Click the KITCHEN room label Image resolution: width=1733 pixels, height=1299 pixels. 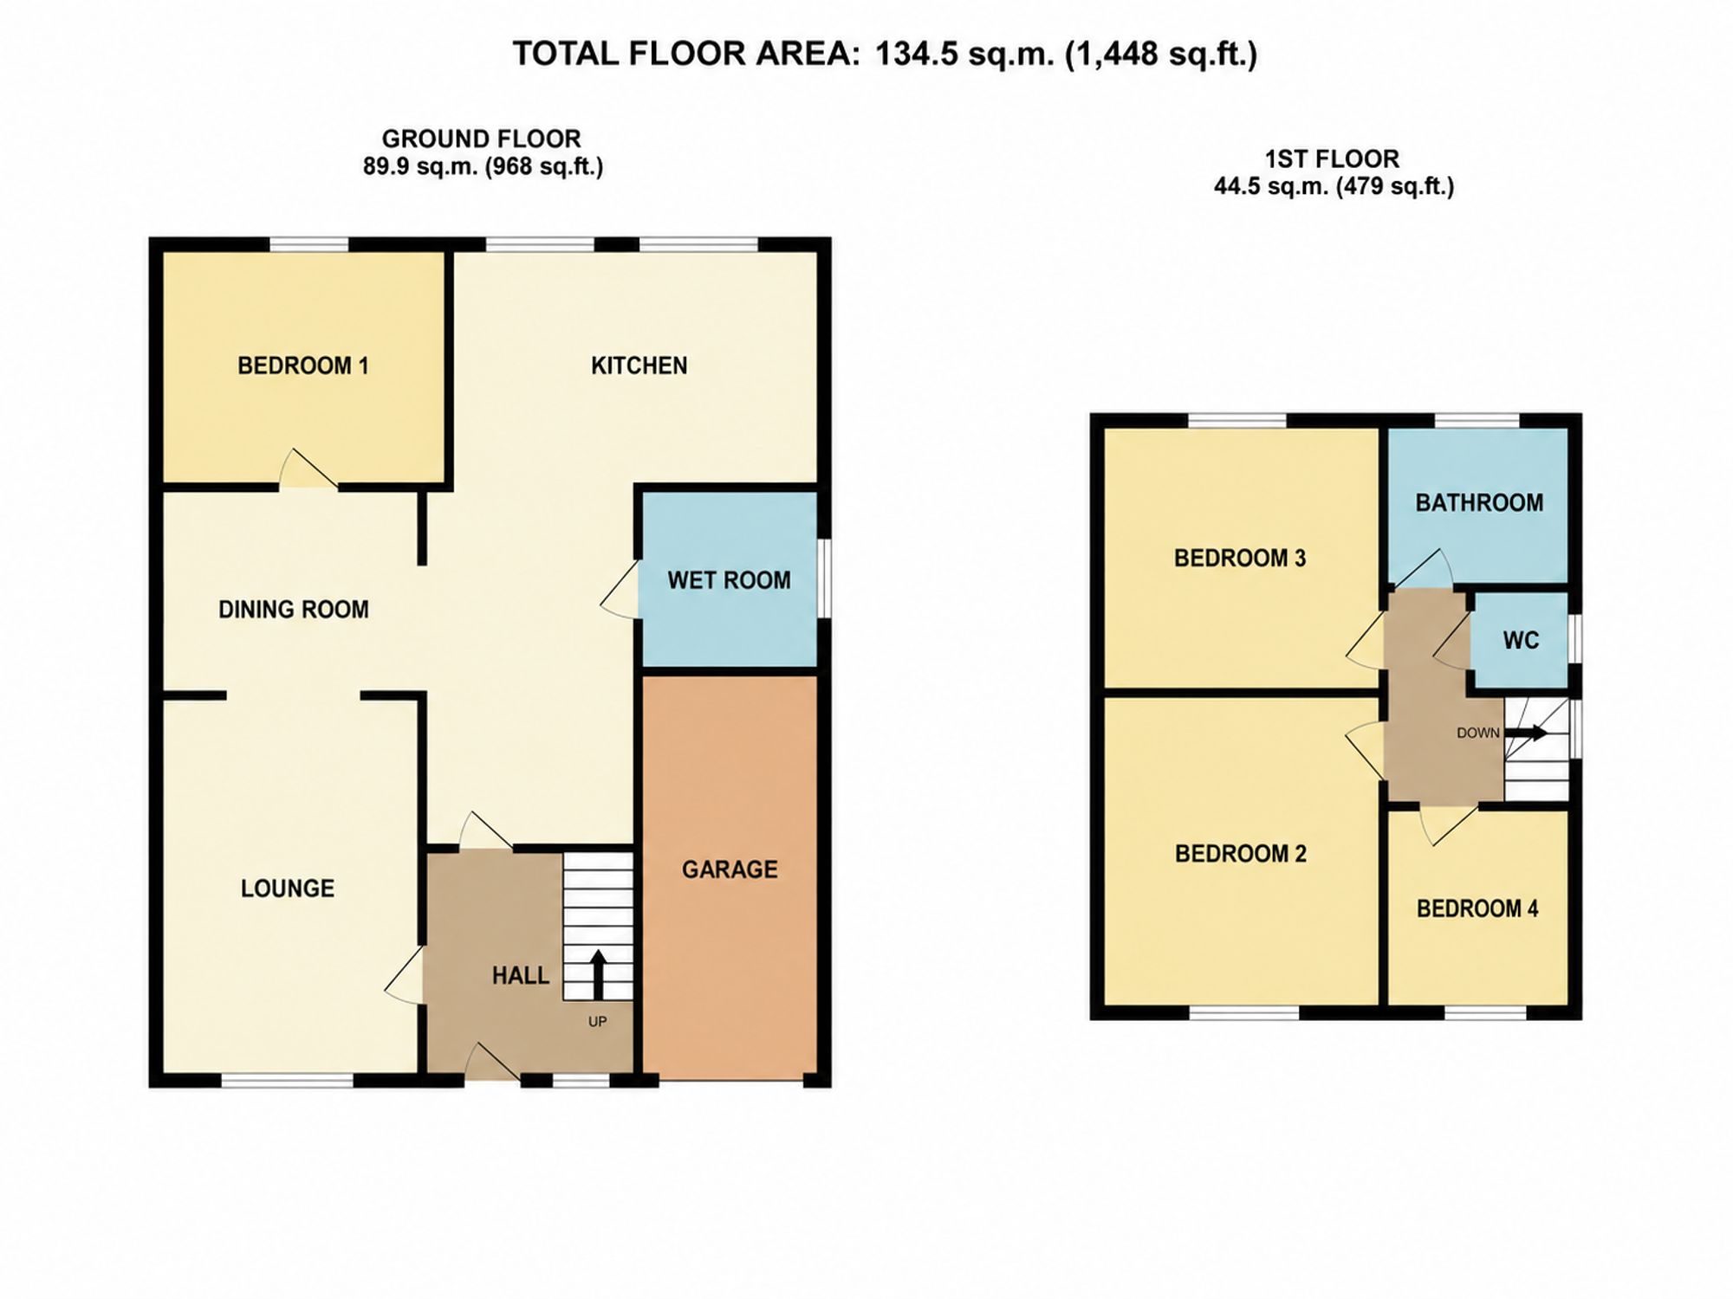639,365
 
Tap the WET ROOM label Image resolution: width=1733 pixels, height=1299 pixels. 729,580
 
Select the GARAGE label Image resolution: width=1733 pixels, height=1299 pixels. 730,869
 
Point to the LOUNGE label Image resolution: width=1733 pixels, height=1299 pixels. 288,889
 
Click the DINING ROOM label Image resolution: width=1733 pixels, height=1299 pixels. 294,610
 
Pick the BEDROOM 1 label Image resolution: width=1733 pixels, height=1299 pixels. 303,365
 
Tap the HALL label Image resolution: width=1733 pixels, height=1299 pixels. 520,976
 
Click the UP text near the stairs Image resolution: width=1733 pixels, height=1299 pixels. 597,1022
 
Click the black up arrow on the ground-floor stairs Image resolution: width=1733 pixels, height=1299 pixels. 598,975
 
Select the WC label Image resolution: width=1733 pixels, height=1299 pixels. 1521,641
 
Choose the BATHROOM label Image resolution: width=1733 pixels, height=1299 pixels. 1479,503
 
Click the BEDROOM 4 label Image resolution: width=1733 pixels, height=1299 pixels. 1477,908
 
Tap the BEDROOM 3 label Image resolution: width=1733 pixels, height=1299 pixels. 1240,558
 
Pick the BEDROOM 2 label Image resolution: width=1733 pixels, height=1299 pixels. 1240,854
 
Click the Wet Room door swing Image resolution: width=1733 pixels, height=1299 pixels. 620,590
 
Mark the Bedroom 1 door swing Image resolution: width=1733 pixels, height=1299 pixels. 308,469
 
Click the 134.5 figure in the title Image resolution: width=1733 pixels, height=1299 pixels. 916,54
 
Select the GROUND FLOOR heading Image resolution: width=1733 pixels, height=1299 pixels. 481,139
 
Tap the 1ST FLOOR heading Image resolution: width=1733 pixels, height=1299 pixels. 1333,159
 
